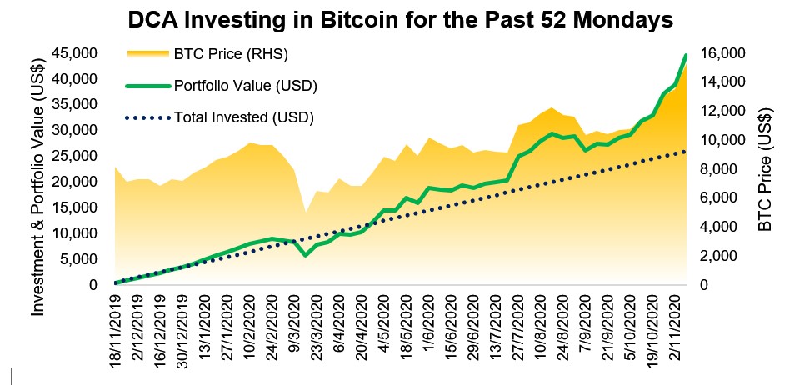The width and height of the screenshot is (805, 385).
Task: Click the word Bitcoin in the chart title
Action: coord(375,20)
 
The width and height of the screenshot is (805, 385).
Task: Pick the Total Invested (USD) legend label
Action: coord(243,117)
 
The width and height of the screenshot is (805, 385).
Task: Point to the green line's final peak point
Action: coord(685,55)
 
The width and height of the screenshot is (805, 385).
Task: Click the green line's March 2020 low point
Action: coord(306,254)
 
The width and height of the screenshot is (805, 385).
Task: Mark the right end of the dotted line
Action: coord(685,151)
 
